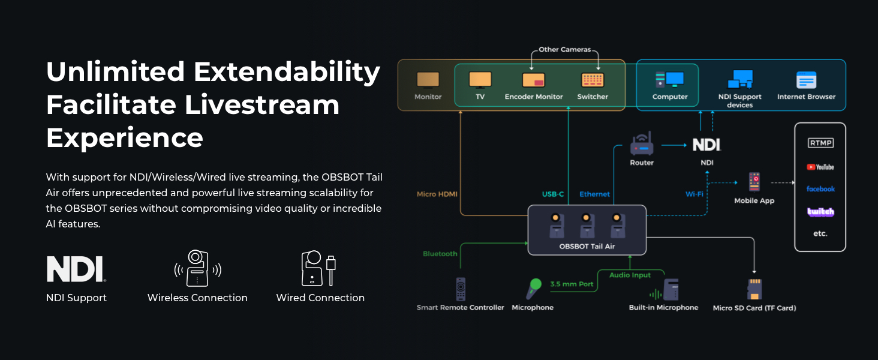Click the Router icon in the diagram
pyautogui.click(x=641, y=145)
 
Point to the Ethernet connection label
pyautogui.click(x=594, y=194)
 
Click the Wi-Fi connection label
pyautogui.click(x=694, y=194)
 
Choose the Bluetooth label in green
pyautogui.click(x=440, y=254)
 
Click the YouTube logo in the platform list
pyautogui.click(x=820, y=167)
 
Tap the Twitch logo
pyautogui.click(x=820, y=212)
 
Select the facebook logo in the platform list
pyautogui.click(x=820, y=189)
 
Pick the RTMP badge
pyautogui.click(x=820, y=143)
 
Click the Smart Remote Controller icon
pyautogui.click(x=461, y=289)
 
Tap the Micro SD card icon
pyautogui.click(x=754, y=289)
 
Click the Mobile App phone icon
pyautogui.click(x=754, y=182)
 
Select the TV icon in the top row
pyautogui.click(x=480, y=80)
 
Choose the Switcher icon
pyautogui.click(x=593, y=80)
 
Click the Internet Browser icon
pyautogui.click(x=806, y=80)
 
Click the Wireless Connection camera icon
pyautogui.click(x=197, y=268)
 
